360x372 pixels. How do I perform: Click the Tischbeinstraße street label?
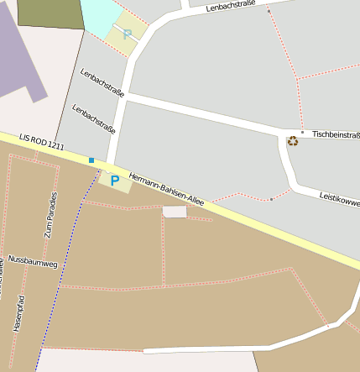click(x=335, y=134)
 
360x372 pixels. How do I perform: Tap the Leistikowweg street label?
click(x=339, y=199)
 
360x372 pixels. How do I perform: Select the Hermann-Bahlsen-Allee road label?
click(x=166, y=189)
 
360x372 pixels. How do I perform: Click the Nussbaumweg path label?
click(x=33, y=263)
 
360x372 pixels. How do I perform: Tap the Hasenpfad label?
click(x=19, y=313)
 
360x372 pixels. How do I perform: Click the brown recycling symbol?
click(x=292, y=141)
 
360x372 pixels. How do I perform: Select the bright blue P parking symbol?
click(x=114, y=180)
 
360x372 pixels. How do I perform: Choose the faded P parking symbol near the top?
click(x=128, y=34)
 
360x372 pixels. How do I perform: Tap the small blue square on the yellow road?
click(x=91, y=160)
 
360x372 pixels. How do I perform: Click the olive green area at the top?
click(x=49, y=13)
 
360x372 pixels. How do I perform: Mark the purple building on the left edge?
click(x=21, y=59)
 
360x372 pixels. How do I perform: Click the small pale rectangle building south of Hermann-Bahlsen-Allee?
click(x=175, y=212)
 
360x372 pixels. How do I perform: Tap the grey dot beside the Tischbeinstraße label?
click(x=302, y=132)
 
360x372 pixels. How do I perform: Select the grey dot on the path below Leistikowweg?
click(x=271, y=199)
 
